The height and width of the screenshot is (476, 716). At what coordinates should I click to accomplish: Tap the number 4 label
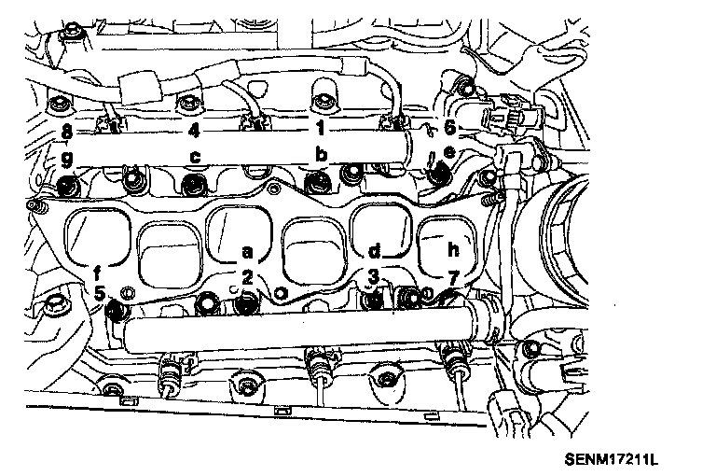(x=194, y=130)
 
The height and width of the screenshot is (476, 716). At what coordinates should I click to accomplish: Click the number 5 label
(x=100, y=292)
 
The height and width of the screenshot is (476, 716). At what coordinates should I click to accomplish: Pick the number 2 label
(x=247, y=276)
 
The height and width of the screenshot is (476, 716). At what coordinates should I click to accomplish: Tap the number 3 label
(x=373, y=276)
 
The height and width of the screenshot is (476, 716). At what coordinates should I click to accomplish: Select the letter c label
(x=195, y=154)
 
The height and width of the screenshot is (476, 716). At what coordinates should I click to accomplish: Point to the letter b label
(x=321, y=153)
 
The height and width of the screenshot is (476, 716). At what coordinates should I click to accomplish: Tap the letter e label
(x=448, y=153)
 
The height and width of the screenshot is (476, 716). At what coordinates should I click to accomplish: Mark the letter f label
(x=98, y=273)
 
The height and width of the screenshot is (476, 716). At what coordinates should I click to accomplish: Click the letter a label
(x=247, y=252)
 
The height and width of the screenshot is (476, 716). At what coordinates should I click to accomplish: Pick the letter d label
(x=373, y=252)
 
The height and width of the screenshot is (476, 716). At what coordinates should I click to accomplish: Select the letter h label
(x=454, y=252)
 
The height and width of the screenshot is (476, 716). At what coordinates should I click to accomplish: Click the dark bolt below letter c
(x=194, y=181)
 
